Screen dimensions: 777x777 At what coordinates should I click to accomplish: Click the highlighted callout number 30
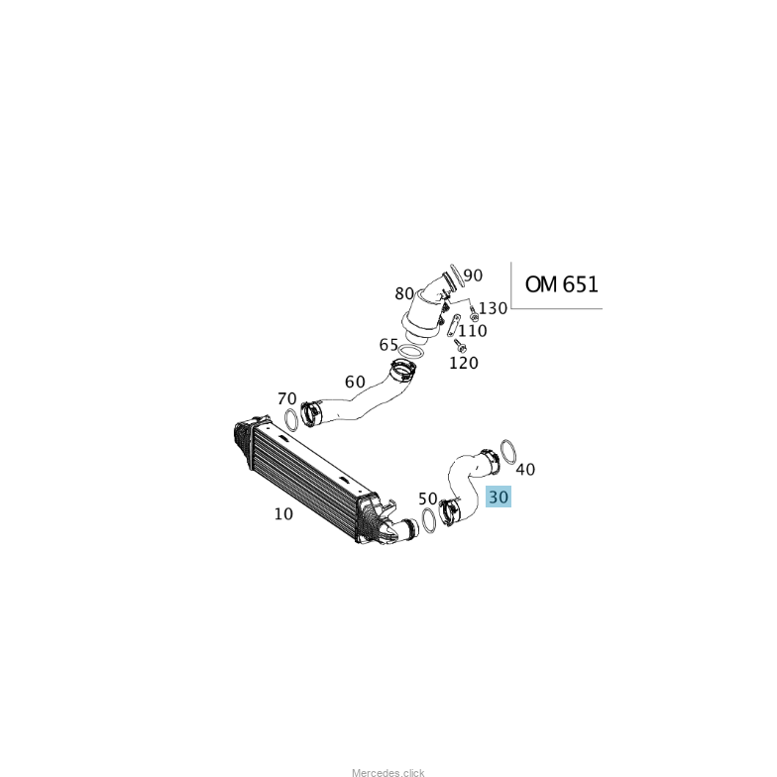499,497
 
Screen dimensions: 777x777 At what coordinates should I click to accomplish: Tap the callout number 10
283,513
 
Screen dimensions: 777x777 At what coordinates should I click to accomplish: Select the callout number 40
525,470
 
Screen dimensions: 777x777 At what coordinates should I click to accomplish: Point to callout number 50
428,499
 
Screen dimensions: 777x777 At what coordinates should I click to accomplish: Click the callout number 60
355,382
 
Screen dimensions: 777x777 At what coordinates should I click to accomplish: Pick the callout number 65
388,345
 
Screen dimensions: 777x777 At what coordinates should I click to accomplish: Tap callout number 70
287,398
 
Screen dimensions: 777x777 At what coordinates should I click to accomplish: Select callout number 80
404,293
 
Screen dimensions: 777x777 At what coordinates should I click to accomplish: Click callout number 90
473,276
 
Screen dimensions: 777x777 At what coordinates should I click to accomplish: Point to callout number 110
472,331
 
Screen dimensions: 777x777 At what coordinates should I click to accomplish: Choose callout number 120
464,363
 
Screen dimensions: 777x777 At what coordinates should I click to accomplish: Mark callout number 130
493,308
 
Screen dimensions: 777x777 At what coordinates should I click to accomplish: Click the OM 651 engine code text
561,284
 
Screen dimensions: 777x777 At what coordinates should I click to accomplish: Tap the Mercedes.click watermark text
388,773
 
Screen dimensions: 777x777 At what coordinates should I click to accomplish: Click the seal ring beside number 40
507,452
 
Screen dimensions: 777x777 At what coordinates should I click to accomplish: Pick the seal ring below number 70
291,420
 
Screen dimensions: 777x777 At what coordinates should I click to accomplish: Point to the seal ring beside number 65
410,352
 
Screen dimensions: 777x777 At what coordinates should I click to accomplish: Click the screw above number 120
460,345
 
